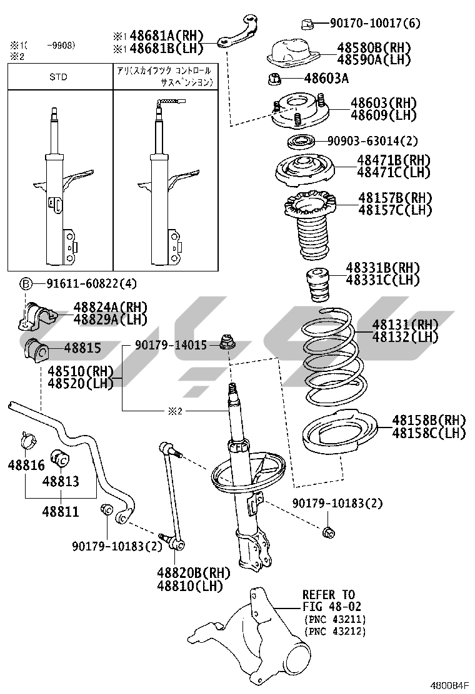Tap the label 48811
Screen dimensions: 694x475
coord(61,512)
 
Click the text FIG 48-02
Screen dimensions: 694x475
coord(332,606)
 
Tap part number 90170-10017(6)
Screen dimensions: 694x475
coord(375,24)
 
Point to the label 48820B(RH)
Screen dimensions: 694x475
coord(193,573)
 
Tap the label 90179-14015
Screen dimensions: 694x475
coord(170,345)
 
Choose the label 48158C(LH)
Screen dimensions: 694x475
coord(428,432)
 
